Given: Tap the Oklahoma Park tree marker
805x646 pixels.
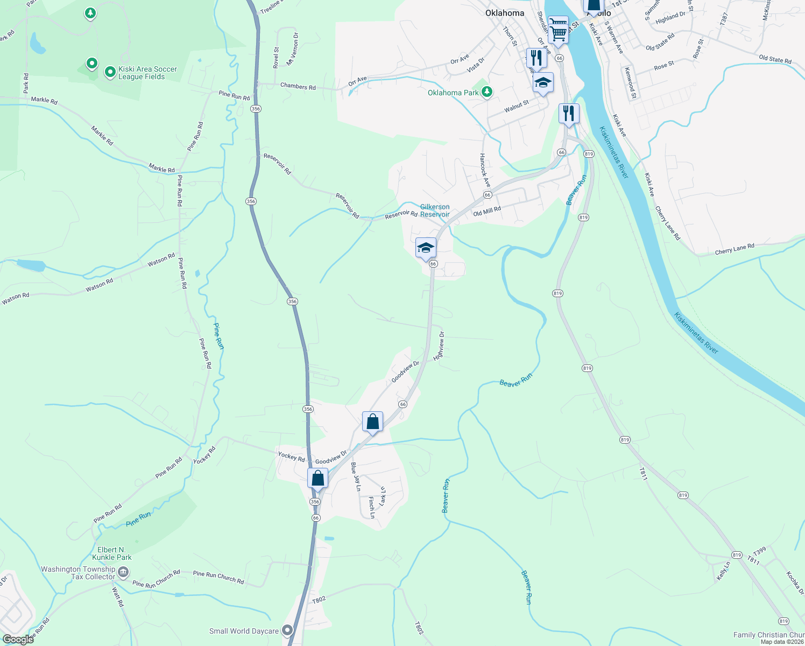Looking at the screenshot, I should tap(487, 92).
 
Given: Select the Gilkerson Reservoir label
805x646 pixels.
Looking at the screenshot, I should tap(435, 210).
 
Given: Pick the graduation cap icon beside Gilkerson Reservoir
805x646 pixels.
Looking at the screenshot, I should tap(426, 248).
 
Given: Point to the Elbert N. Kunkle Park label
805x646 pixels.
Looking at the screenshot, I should tap(111, 553).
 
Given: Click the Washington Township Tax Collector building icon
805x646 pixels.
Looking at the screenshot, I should tap(123, 572).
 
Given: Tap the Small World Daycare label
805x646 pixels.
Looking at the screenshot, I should tap(244, 631).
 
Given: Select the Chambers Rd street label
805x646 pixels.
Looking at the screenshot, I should tap(298, 86).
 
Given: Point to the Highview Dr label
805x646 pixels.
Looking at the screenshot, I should tap(439, 346).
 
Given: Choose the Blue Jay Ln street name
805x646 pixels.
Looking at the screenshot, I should tap(356, 476).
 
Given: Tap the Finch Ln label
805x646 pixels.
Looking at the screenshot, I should tap(372, 507).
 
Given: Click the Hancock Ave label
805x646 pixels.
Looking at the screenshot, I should tap(485, 170).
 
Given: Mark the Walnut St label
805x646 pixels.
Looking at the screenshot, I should tap(517, 106).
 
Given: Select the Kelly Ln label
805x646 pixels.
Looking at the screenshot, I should tap(723, 571).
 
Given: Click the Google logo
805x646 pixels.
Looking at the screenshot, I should tap(18, 640).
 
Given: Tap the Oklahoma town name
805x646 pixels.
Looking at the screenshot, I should tap(504, 13).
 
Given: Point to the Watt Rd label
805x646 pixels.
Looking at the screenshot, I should tap(118, 596).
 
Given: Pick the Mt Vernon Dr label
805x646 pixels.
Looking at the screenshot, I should tap(292, 49).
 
